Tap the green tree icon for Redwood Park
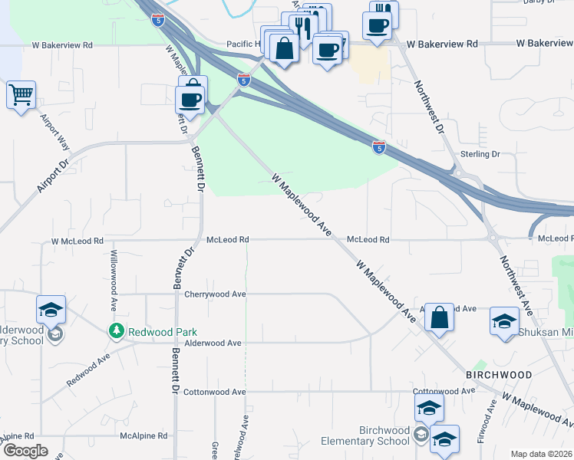pyautogui.click(x=116, y=331)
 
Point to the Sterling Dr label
pyautogui.click(x=480, y=154)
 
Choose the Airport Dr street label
pyautogui.click(x=52, y=176)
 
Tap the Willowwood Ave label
pyautogui.click(x=114, y=269)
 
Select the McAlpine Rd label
pyautogui.click(x=143, y=435)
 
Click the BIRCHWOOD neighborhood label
pyautogui.click(x=498, y=374)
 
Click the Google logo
pyautogui.click(x=25, y=451)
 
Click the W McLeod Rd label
pyautogui.click(x=77, y=241)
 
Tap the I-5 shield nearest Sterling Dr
pyautogui.click(x=379, y=146)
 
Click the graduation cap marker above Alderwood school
pyautogui.click(x=51, y=310)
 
